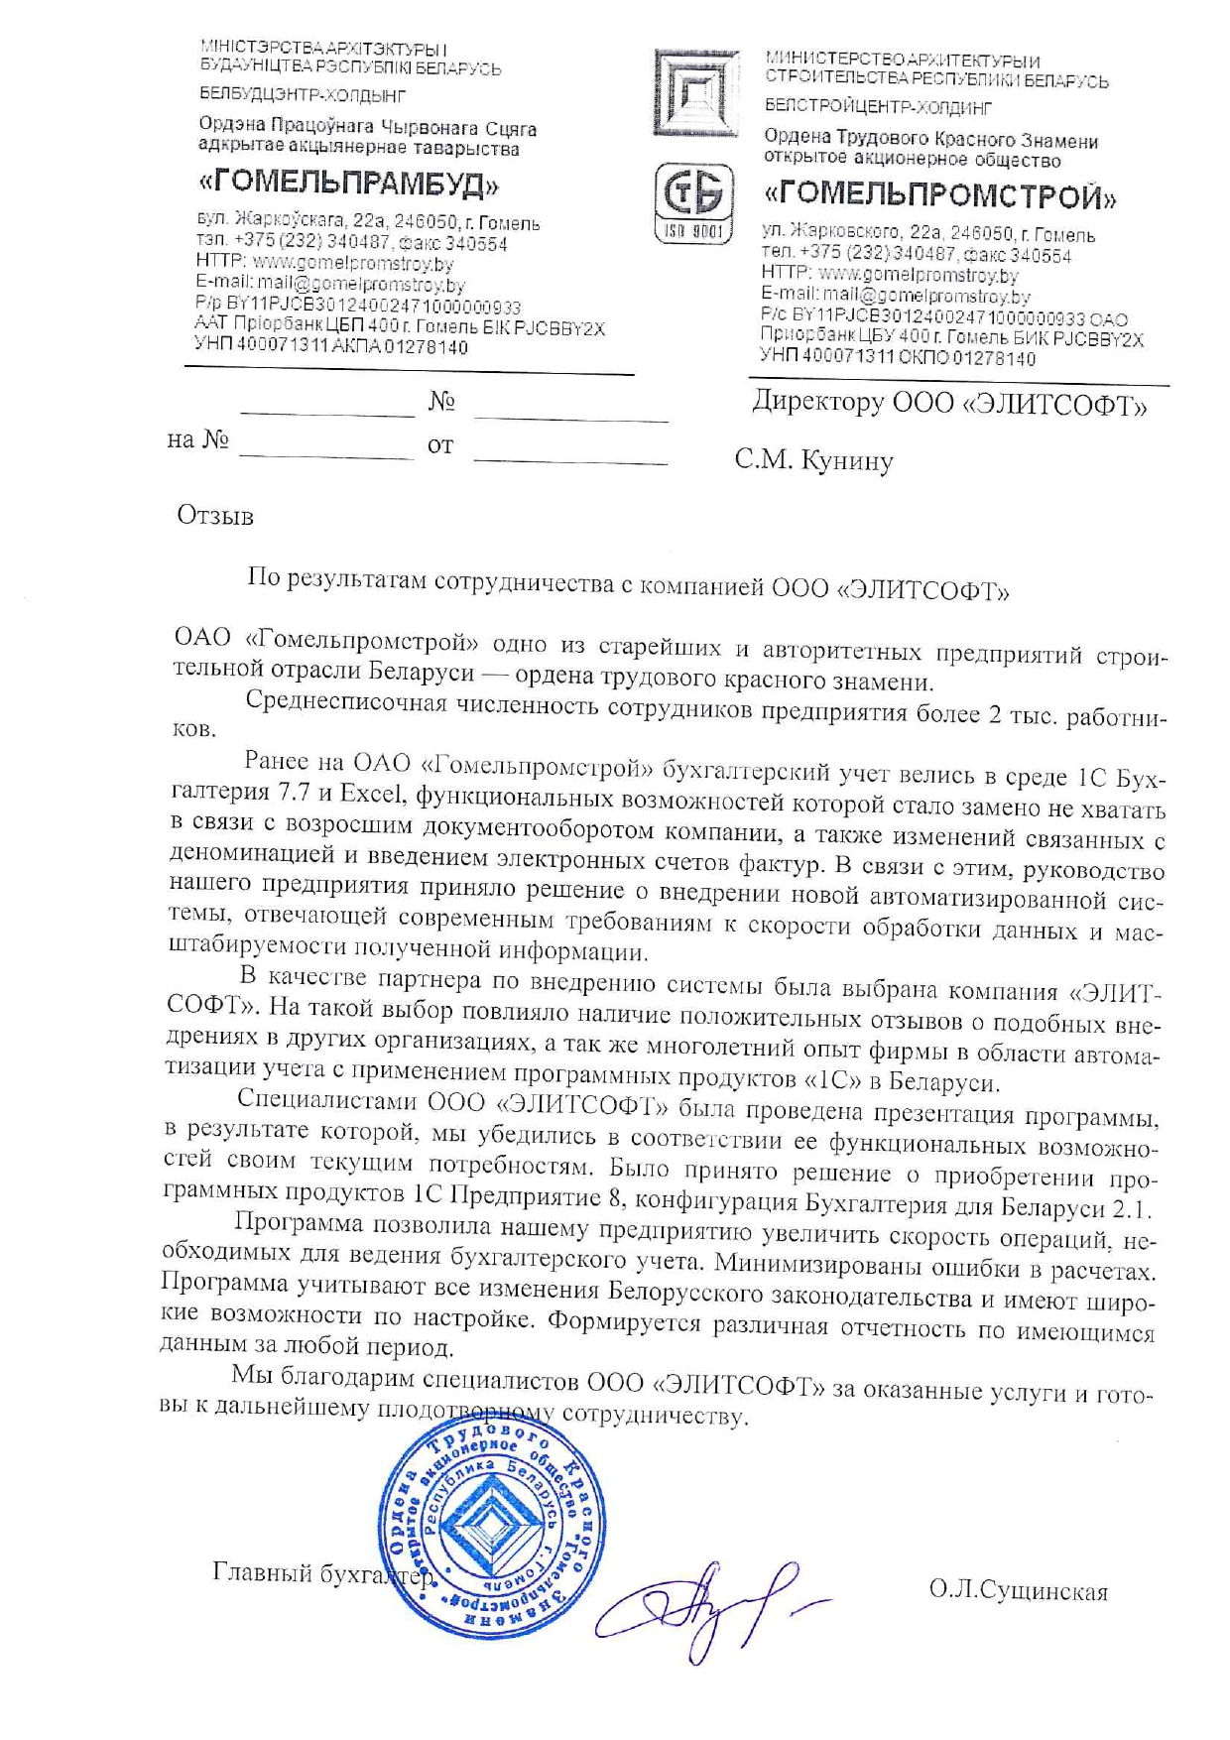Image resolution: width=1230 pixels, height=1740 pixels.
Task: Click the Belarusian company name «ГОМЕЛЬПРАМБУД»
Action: pyautogui.click(x=348, y=185)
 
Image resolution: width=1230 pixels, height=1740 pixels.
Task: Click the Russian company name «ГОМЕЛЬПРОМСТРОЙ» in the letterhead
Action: pyautogui.click(x=940, y=196)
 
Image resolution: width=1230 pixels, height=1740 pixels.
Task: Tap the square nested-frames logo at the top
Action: pyautogui.click(x=695, y=93)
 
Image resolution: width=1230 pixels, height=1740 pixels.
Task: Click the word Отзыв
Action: pyautogui.click(x=215, y=516)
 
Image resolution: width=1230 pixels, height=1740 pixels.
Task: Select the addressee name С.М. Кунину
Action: pyautogui.click(x=813, y=460)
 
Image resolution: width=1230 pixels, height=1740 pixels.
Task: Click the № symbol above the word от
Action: pyautogui.click(x=441, y=402)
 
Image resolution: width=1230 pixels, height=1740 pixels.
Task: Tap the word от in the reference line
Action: pyautogui.click(x=440, y=446)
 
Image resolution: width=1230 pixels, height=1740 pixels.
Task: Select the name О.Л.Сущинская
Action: pyautogui.click(x=1018, y=1591)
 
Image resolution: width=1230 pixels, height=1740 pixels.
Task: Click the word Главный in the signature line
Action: pyautogui.click(x=256, y=1572)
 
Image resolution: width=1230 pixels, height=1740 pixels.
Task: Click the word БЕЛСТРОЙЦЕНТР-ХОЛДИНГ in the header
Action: pyautogui.click(x=878, y=107)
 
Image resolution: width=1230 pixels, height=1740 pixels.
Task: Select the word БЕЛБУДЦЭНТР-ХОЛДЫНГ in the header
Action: pyautogui.click(x=303, y=96)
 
